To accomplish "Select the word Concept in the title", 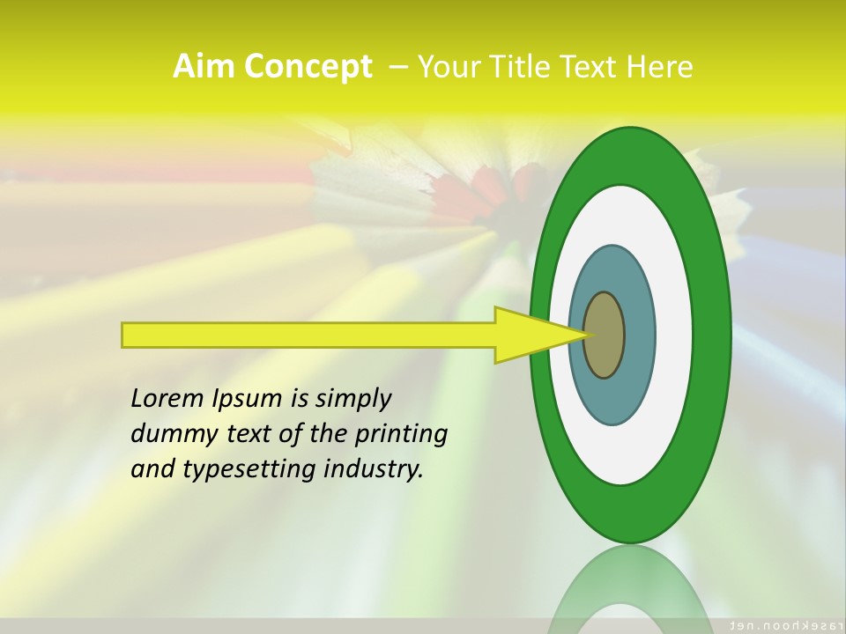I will pos(307,67).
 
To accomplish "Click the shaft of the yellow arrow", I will pos(308,335).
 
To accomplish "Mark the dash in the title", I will pos(397,66).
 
